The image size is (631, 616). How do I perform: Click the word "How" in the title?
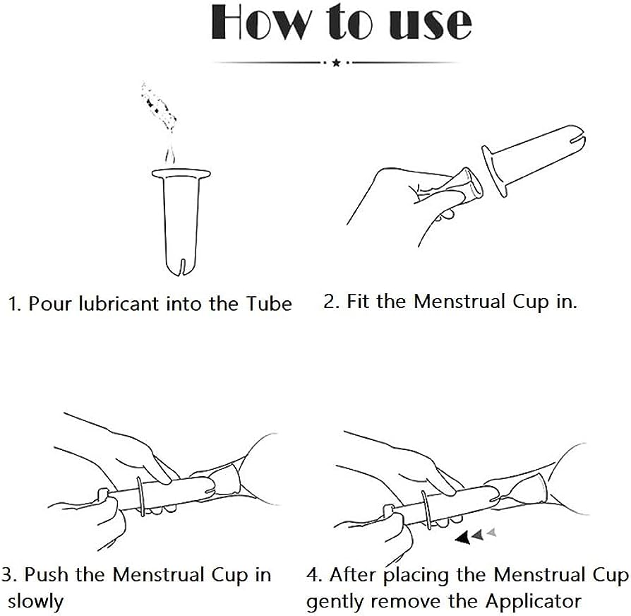262,23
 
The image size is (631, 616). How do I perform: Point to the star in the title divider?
337,62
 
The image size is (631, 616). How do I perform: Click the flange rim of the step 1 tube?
181,174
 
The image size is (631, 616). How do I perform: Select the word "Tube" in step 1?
268,303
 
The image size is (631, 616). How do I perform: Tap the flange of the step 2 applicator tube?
493,172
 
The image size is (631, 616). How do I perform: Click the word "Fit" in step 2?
359,302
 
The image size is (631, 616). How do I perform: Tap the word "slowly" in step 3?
35,601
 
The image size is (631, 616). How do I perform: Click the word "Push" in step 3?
47,575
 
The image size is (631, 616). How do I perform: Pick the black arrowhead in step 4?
463,538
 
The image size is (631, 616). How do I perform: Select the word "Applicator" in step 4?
533,601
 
